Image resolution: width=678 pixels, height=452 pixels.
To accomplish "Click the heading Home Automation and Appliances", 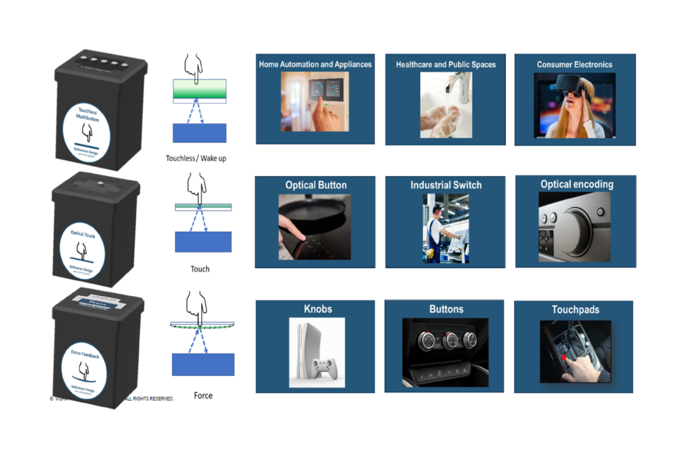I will [x=315, y=64].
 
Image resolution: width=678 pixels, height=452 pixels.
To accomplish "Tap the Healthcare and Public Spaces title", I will [x=446, y=65].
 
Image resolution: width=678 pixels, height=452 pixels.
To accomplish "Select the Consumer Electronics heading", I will [x=574, y=65].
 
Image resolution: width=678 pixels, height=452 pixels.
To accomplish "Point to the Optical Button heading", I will [x=315, y=185].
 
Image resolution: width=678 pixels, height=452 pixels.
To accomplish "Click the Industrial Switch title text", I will [x=446, y=185].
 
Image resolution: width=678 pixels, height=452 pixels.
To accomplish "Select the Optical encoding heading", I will [x=577, y=184].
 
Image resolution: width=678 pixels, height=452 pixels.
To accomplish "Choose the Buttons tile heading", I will [x=446, y=309].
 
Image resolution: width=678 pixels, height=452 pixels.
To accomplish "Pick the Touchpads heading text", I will [x=575, y=310].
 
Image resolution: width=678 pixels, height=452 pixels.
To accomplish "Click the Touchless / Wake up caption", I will [x=196, y=158].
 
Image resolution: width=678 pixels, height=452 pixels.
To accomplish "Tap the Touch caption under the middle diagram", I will [x=200, y=269].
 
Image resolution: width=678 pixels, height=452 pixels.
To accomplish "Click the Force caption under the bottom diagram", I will [x=203, y=395].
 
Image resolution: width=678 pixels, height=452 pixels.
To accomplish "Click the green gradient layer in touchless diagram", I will [x=199, y=89].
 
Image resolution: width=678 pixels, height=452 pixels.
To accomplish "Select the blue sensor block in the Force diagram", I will [x=203, y=364].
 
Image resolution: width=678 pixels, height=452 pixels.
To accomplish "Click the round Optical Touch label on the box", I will [x=82, y=251].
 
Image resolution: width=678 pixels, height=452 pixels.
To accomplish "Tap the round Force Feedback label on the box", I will [x=84, y=371].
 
